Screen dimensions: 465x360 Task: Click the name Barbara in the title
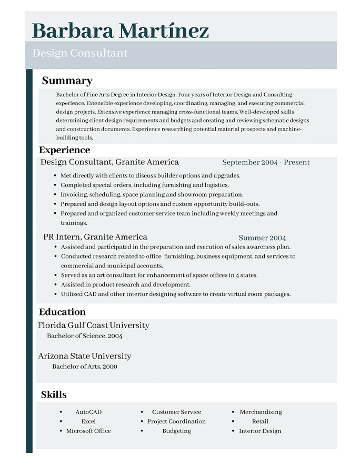tap(73, 31)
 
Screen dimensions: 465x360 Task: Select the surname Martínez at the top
tap(164, 31)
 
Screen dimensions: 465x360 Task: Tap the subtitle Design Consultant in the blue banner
tap(80, 53)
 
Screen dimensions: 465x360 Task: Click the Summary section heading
tap(67, 81)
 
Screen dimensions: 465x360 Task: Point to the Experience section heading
tap(64, 150)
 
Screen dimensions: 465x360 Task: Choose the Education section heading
tap(62, 312)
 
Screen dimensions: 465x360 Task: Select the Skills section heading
tap(54, 394)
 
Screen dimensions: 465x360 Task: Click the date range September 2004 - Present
tap(266, 162)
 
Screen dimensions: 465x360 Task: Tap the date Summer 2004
tap(262, 238)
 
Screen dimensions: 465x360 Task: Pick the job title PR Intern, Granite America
tap(95, 237)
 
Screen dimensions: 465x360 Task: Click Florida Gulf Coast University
tap(94, 325)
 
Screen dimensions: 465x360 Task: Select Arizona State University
tap(85, 356)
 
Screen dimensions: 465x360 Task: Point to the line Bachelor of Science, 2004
tap(85, 335)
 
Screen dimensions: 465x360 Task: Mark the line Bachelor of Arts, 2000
tap(85, 367)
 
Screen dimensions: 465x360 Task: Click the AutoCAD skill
tap(88, 412)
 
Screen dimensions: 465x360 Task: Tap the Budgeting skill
tap(176, 431)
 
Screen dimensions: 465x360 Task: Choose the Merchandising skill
tap(261, 412)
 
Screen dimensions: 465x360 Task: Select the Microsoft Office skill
tap(88, 431)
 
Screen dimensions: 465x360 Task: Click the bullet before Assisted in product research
tap(55, 285)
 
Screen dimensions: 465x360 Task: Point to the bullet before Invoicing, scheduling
tap(55, 195)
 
